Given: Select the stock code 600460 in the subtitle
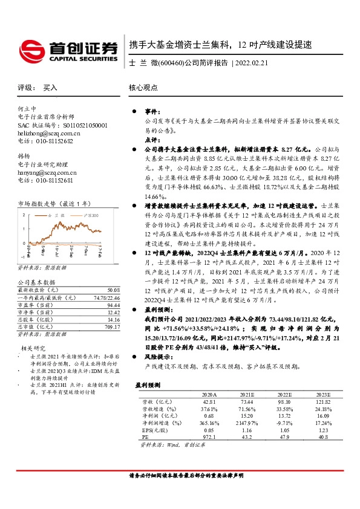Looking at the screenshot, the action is [x=169, y=63].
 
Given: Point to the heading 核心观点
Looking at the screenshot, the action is [x=143, y=87].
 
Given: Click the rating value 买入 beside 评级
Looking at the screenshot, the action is [x=50, y=88].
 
